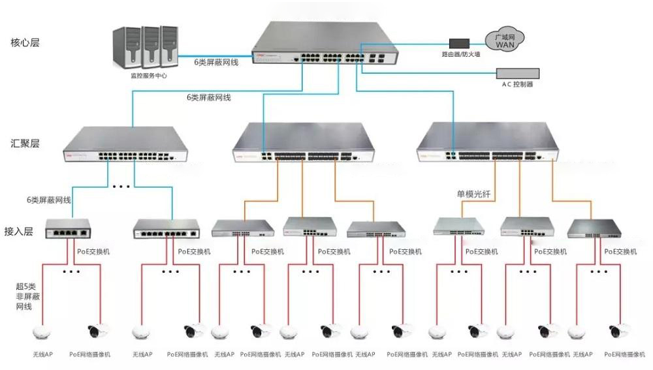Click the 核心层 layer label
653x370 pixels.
[x=25, y=43]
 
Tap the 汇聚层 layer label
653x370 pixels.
[x=25, y=143]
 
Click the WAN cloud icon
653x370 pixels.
[x=506, y=41]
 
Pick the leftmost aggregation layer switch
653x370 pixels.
[x=125, y=145]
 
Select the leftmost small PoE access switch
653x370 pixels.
[x=68, y=228]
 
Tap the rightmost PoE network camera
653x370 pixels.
[x=616, y=331]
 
